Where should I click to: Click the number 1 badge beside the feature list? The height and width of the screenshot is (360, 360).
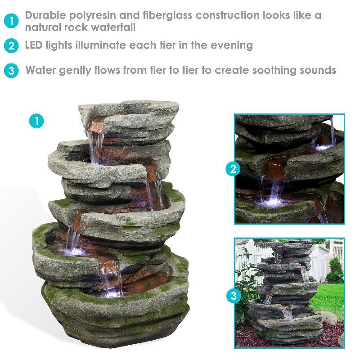12,21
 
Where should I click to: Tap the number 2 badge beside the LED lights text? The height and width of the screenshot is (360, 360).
12,45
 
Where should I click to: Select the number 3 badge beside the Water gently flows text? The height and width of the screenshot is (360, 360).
12,71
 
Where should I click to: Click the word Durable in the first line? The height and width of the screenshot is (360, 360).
45,15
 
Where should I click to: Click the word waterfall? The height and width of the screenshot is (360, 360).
114,27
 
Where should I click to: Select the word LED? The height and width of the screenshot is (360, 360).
35,45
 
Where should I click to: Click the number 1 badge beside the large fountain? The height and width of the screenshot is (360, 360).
36,121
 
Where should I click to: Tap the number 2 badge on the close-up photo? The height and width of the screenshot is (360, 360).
233,169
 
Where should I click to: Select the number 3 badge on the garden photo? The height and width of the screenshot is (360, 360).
233,296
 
